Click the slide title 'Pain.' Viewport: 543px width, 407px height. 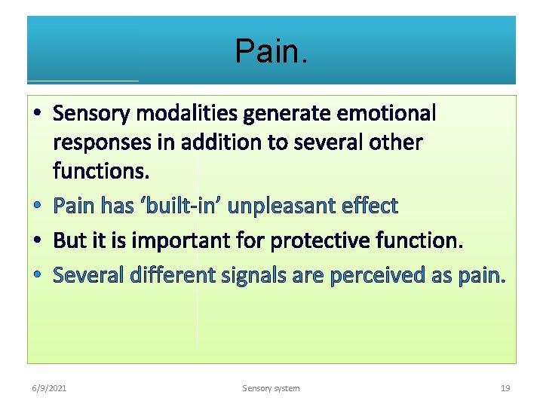[x=271, y=51]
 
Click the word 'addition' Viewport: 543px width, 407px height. [x=206, y=142]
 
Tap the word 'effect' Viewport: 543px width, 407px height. [x=370, y=205]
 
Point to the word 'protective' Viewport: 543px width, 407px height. [x=314, y=240]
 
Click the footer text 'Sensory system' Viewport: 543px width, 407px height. [x=271, y=388]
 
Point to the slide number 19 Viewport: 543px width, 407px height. [x=505, y=388]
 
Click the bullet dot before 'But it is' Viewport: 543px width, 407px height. [x=38, y=240]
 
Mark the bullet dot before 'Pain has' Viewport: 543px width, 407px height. [x=38, y=206]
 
